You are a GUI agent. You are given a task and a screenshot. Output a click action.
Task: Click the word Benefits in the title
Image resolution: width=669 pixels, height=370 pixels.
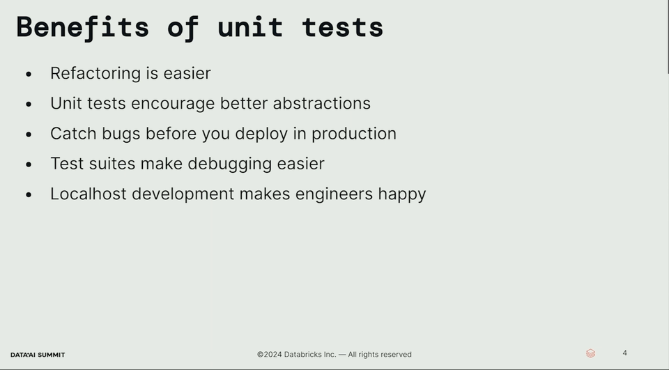click(x=83, y=28)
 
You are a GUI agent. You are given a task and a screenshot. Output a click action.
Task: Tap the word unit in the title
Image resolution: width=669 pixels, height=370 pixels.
click(x=250, y=28)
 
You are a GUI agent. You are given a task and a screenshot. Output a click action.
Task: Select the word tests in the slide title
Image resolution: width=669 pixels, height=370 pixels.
click(x=343, y=28)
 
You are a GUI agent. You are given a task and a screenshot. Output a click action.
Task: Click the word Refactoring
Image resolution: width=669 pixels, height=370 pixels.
click(x=95, y=73)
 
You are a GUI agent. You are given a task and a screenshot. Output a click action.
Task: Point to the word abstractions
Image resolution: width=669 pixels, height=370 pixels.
click(x=322, y=103)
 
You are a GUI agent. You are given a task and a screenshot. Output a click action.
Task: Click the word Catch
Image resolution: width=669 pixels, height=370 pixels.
click(x=73, y=134)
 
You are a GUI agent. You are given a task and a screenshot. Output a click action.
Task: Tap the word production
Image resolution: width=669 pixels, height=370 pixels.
click(x=354, y=134)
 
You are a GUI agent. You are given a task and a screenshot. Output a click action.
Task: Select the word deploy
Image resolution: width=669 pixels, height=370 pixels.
click(x=261, y=134)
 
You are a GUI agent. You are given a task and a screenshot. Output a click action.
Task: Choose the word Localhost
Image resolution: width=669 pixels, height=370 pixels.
click(x=89, y=194)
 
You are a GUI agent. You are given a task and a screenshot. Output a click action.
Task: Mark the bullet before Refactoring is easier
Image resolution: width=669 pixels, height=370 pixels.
click(x=29, y=75)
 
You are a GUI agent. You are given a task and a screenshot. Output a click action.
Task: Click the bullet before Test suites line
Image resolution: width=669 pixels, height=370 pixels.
click(x=29, y=164)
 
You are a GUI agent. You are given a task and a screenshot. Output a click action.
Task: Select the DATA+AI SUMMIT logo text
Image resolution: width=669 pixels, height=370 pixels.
click(x=38, y=355)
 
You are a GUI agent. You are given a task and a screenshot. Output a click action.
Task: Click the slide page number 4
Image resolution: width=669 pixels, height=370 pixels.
click(x=624, y=353)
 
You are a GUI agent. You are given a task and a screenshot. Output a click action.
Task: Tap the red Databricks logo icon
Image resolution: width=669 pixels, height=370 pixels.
click(x=590, y=353)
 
